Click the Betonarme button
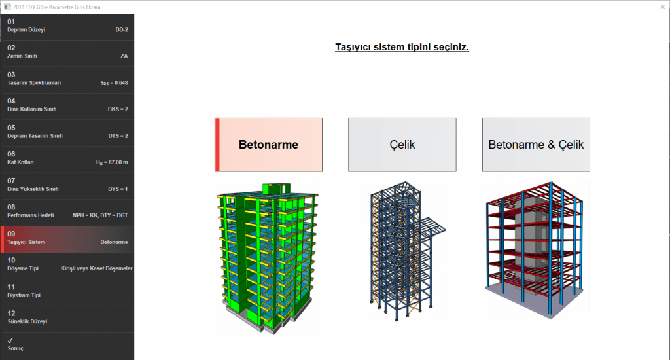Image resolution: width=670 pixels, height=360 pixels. [268, 145]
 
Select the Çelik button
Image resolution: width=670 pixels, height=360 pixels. [402, 145]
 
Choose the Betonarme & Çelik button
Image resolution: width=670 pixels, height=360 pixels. [536, 145]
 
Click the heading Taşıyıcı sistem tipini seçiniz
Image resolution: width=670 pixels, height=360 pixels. [402, 48]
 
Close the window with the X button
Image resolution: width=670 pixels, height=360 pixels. [662, 6]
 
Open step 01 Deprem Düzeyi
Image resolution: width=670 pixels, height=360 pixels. [67, 26]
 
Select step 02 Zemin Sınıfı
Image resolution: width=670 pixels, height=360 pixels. [67, 52]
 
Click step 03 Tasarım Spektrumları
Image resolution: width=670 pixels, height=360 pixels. [67, 79]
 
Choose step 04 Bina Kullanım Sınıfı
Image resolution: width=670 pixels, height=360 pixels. [67, 105]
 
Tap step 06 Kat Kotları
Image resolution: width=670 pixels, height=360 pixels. [67, 158]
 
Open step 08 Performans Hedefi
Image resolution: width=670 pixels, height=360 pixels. [67, 211]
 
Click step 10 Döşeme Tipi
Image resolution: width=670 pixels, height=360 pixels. [67, 264]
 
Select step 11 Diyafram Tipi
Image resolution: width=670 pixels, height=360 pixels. [67, 291]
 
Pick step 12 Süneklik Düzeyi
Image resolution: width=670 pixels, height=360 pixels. [67, 317]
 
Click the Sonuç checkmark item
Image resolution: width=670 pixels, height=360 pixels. [67, 344]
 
